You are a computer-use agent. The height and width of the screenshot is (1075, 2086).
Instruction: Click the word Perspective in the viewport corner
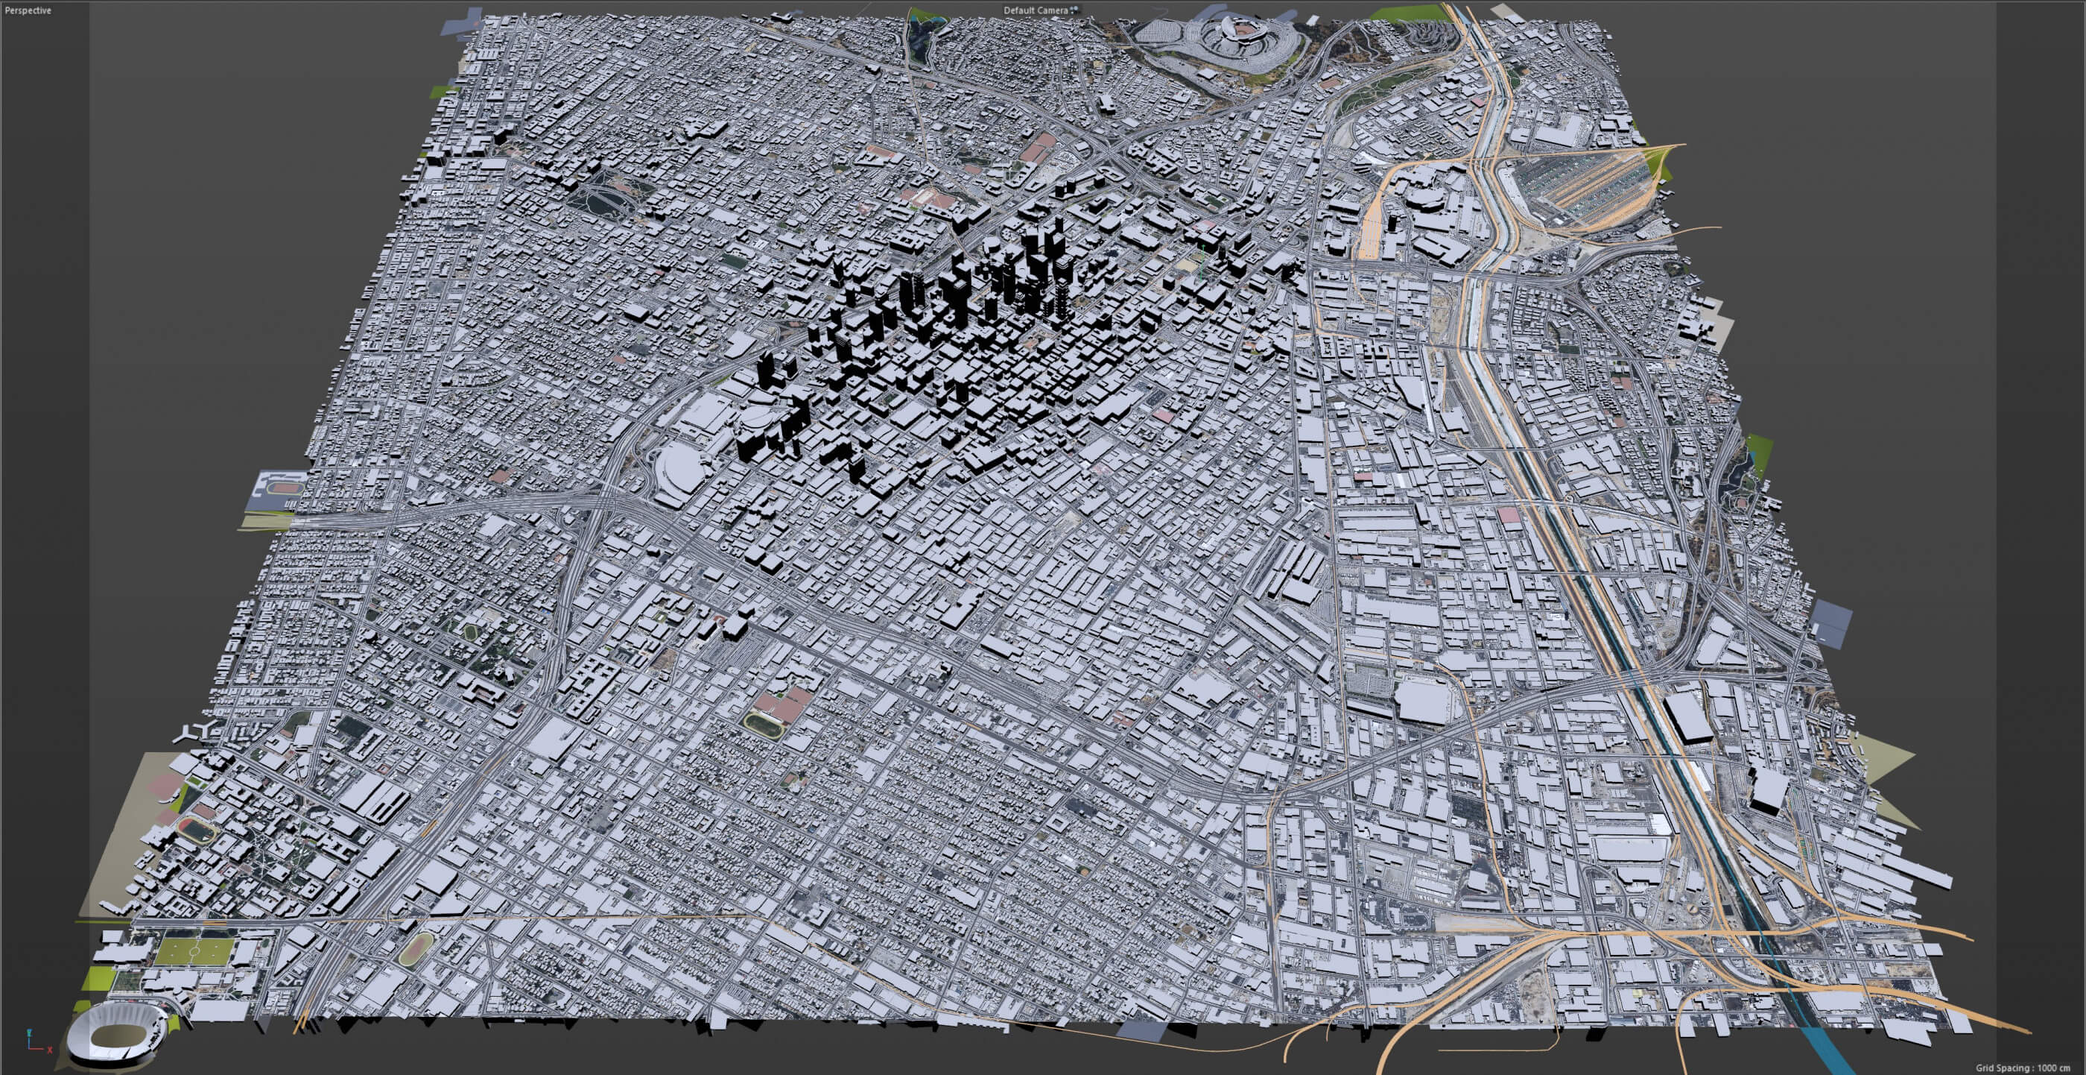tap(28, 10)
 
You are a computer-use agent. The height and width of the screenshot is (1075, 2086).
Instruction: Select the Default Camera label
tap(1035, 10)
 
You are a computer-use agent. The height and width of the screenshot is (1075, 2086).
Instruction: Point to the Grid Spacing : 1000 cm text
tap(2022, 1068)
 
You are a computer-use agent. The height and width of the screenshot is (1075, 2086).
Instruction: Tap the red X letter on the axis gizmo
tap(49, 1050)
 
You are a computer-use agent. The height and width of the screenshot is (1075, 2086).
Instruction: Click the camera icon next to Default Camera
tap(1074, 10)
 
